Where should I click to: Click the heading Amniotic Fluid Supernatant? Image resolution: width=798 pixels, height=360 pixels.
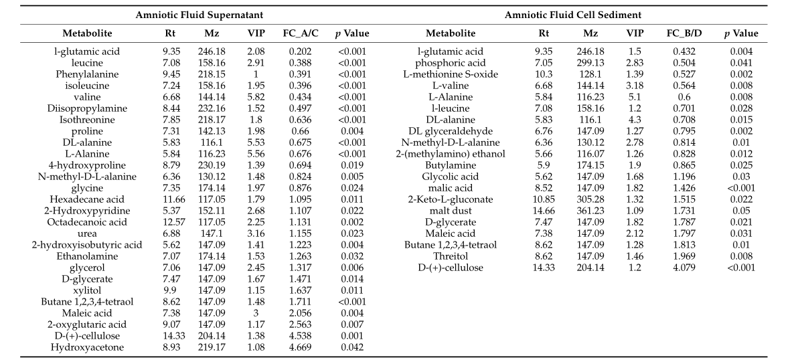click(x=199, y=15)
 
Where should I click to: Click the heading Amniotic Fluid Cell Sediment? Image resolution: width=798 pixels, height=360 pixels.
click(x=572, y=15)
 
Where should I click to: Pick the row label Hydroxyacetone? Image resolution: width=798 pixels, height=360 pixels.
click(x=87, y=347)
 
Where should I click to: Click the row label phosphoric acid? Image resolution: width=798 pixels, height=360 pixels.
click(x=451, y=63)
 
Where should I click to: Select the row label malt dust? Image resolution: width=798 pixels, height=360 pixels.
click(x=451, y=211)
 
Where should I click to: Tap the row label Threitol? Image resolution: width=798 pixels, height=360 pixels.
click(x=451, y=256)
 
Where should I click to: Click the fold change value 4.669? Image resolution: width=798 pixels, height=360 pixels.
click(x=301, y=347)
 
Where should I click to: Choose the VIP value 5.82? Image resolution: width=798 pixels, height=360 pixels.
click(x=256, y=97)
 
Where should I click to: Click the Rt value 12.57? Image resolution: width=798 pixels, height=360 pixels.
click(x=171, y=222)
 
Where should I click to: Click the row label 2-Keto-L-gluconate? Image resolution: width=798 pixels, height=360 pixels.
click(x=451, y=199)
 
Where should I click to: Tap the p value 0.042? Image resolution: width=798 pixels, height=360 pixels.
click(x=351, y=347)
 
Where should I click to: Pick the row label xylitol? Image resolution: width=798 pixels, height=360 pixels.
click(x=87, y=290)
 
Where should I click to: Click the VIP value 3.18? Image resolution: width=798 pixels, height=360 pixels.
click(x=635, y=86)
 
